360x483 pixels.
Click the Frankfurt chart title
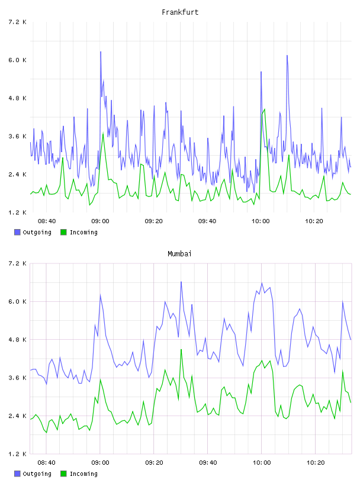coord(180,12)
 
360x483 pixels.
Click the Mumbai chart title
coord(179,254)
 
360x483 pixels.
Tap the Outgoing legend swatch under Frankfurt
coord(17,232)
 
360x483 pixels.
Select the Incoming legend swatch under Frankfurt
coord(63,232)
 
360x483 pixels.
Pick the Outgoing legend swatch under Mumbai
coord(17,474)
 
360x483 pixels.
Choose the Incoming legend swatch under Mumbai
coord(63,474)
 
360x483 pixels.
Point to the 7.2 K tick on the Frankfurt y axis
coord(17,22)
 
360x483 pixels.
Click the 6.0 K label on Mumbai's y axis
coord(17,301)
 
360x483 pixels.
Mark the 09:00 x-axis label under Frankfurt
coord(100,221)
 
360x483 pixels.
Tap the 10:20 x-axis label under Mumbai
coord(316,463)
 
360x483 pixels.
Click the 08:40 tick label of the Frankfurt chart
coord(47,221)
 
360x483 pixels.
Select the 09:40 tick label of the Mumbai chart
coord(208,463)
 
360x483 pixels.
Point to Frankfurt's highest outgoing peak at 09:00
coord(101,51)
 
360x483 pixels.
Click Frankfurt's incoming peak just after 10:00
coord(265,110)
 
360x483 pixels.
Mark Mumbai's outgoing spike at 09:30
coord(181,282)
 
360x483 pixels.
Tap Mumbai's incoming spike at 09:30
coord(181,350)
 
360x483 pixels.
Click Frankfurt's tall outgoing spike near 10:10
coord(287,56)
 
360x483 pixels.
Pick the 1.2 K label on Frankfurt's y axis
coord(17,212)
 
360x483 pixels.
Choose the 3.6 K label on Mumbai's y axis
coord(17,378)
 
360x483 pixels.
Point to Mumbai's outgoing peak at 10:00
coord(262,283)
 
